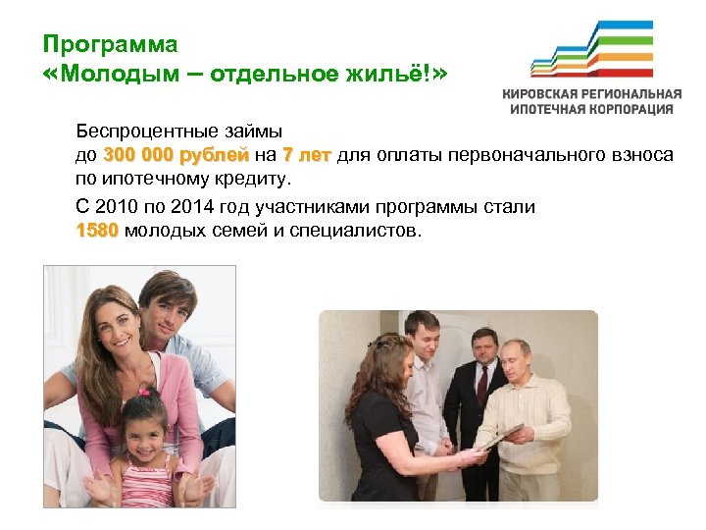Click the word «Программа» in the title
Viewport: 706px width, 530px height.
tap(111, 45)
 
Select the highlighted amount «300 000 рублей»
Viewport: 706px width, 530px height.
tap(176, 155)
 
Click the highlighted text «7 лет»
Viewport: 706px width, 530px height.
tap(306, 155)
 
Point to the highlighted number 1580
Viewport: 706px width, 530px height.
tap(97, 231)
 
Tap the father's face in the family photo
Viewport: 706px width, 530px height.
tap(164, 305)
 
